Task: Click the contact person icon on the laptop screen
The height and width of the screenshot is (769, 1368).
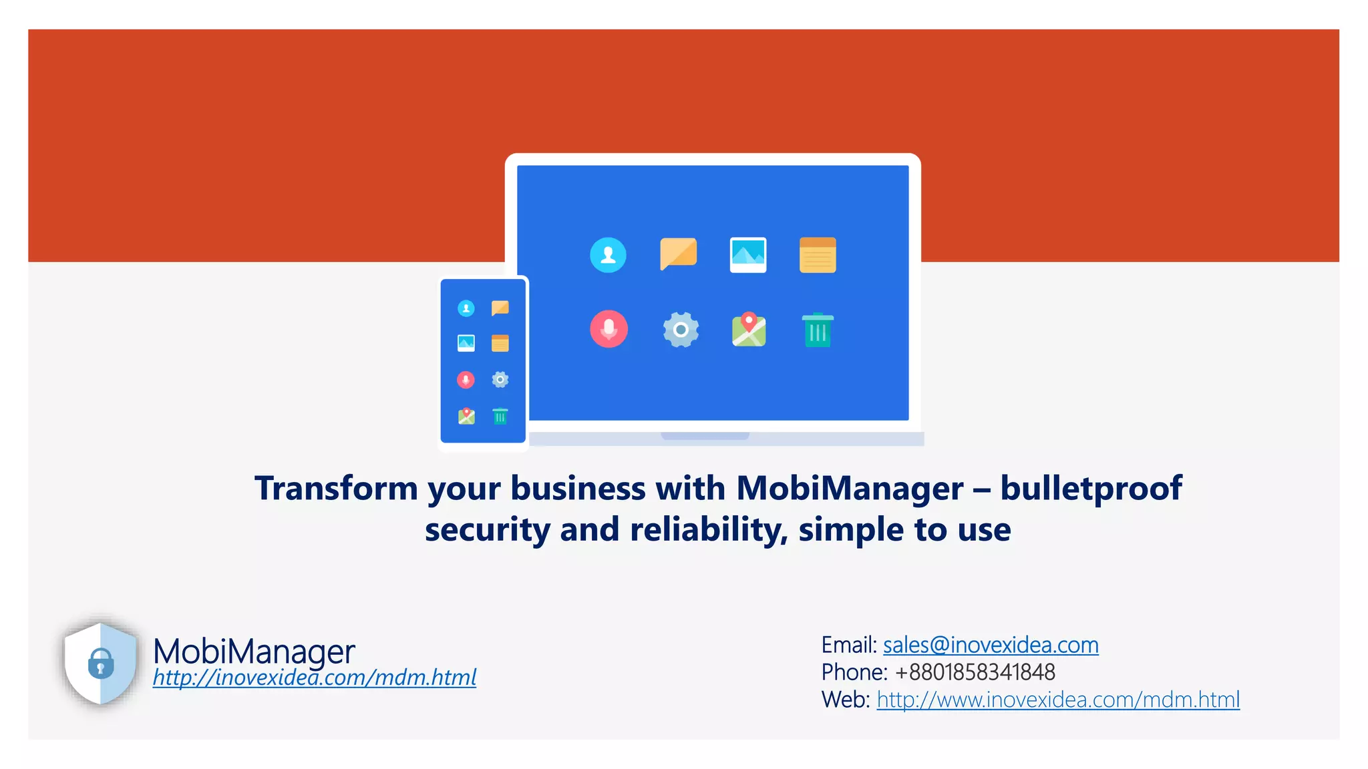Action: [x=608, y=255]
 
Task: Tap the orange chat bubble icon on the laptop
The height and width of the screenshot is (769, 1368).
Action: [x=678, y=254]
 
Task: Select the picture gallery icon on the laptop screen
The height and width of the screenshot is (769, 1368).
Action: [x=748, y=254]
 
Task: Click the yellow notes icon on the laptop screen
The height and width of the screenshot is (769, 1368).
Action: [x=818, y=255]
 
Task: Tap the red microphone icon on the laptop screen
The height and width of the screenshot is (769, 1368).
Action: [x=609, y=329]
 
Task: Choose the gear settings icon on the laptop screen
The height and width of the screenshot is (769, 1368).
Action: [x=681, y=330]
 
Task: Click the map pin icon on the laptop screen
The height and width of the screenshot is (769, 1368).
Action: [x=749, y=330]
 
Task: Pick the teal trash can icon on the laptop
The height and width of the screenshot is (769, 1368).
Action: [x=818, y=330]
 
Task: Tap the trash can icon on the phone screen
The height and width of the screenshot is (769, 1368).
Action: [x=500, y=417]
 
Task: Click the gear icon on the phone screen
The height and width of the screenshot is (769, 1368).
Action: [x=500, y=380]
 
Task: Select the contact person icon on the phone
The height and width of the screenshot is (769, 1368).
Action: [x=466, y=308]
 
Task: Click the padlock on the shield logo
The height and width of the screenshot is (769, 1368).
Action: [x=101, y=664]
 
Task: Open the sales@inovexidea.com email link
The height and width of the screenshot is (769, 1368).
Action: [x=991, y=645]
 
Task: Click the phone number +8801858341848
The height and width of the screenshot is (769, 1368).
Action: [x=975, y=672]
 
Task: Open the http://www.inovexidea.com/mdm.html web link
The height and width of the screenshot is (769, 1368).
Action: [x=1058, y=700]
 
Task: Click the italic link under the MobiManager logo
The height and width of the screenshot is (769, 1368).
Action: [x=314, y=678]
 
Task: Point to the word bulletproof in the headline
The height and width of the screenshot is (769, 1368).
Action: [x=1091, y=488]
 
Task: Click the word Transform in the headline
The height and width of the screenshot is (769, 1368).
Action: [x=336, y=488]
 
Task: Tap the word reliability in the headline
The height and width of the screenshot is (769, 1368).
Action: [x=708, y=529]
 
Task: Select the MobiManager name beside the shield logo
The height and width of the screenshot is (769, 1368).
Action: [x=254, y=650]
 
